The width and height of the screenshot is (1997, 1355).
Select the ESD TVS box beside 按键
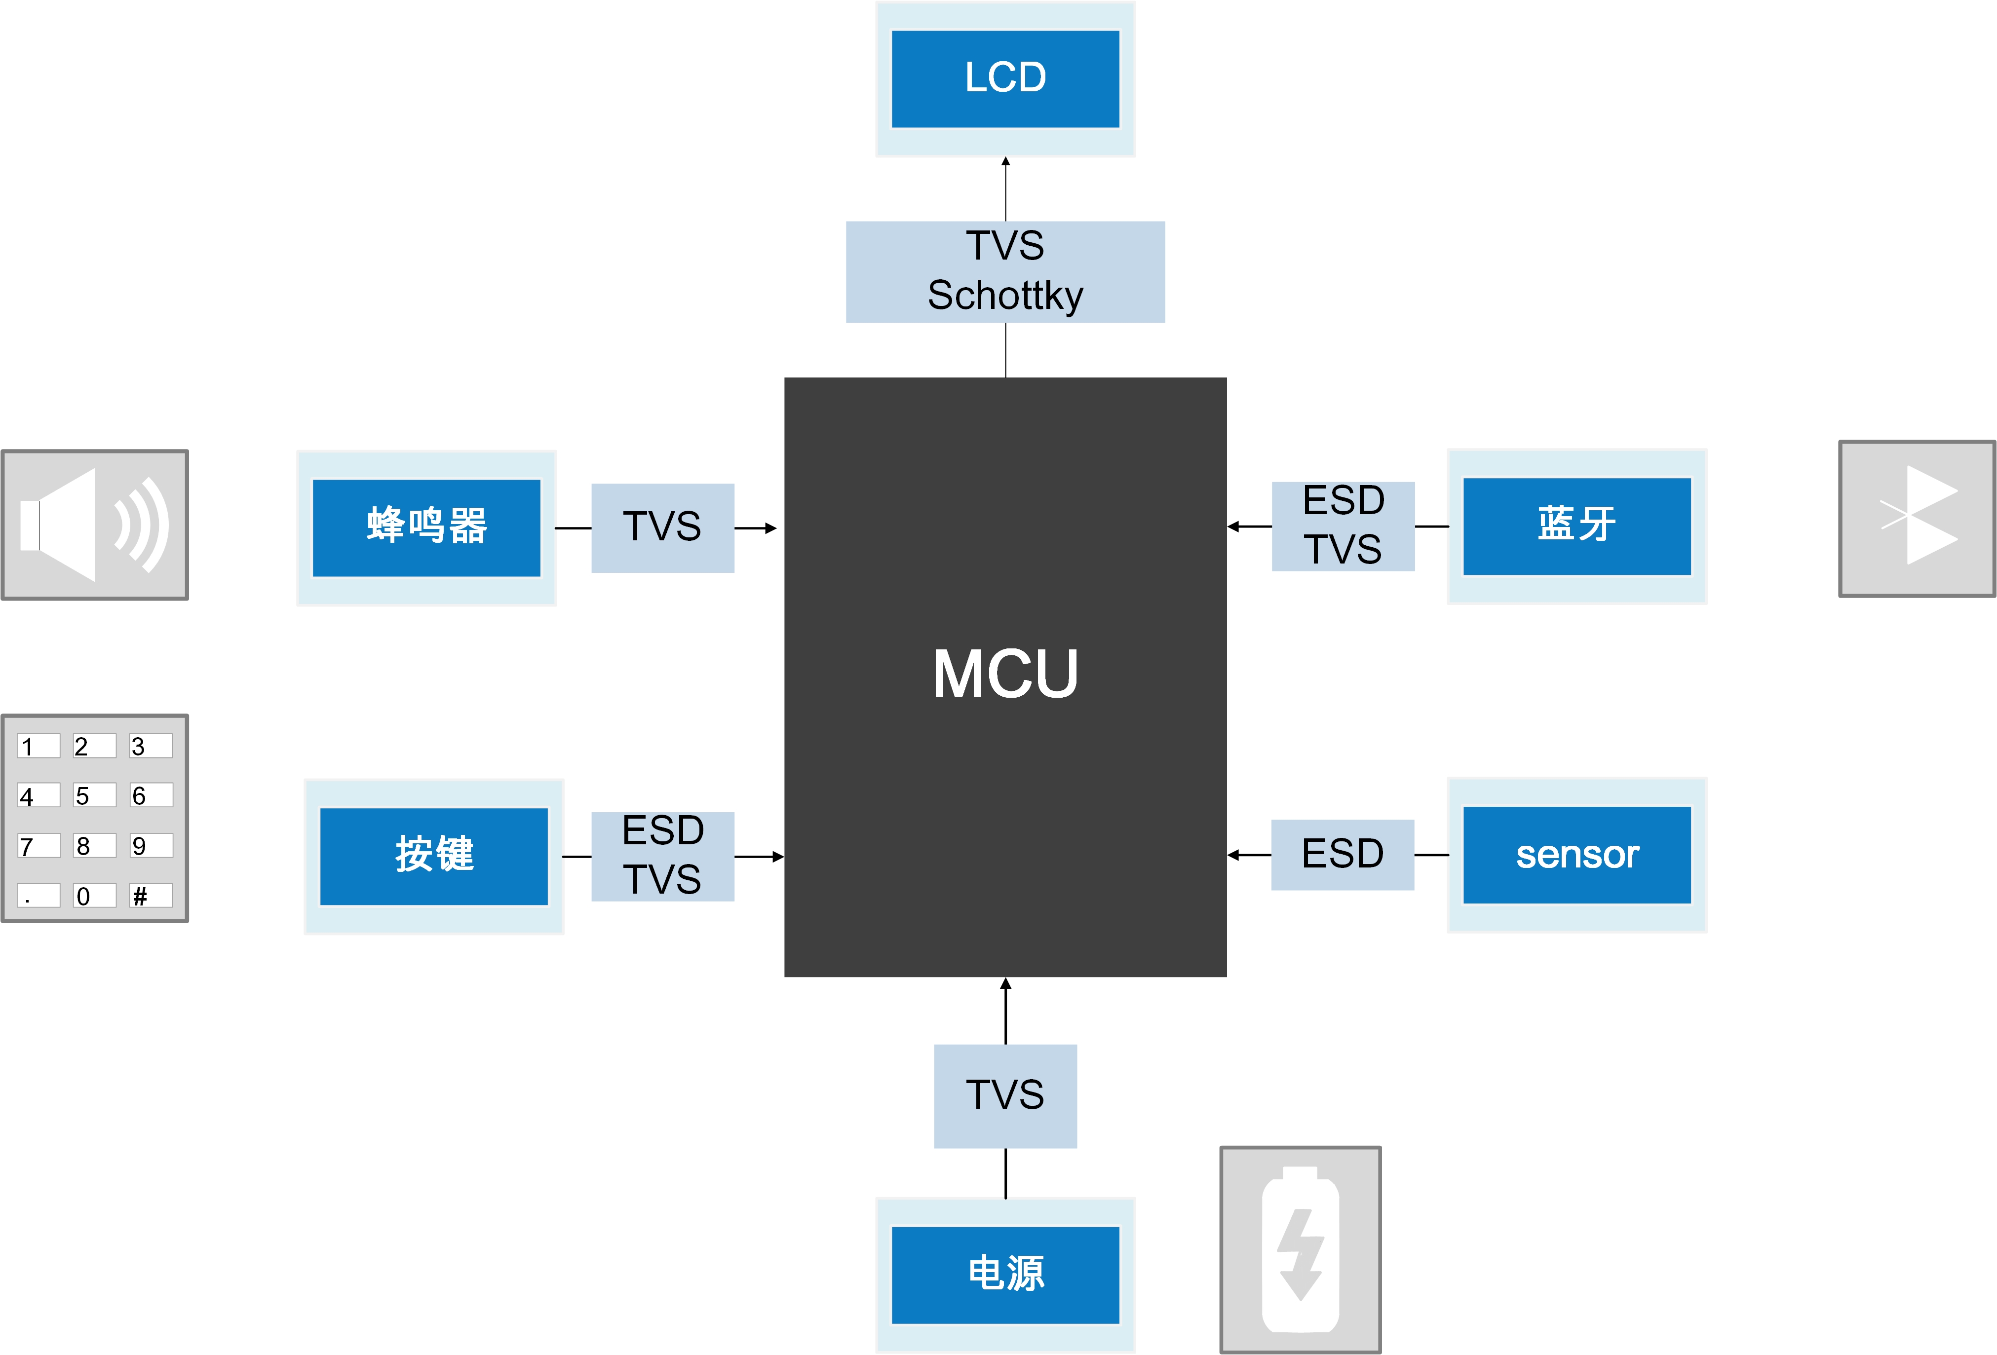(x=662, y=856)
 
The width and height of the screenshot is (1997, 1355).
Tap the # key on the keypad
(x=151, y=895)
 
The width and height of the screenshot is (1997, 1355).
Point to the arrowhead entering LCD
(x=1005, y=161)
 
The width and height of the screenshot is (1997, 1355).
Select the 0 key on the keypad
(x=94, y=895)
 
